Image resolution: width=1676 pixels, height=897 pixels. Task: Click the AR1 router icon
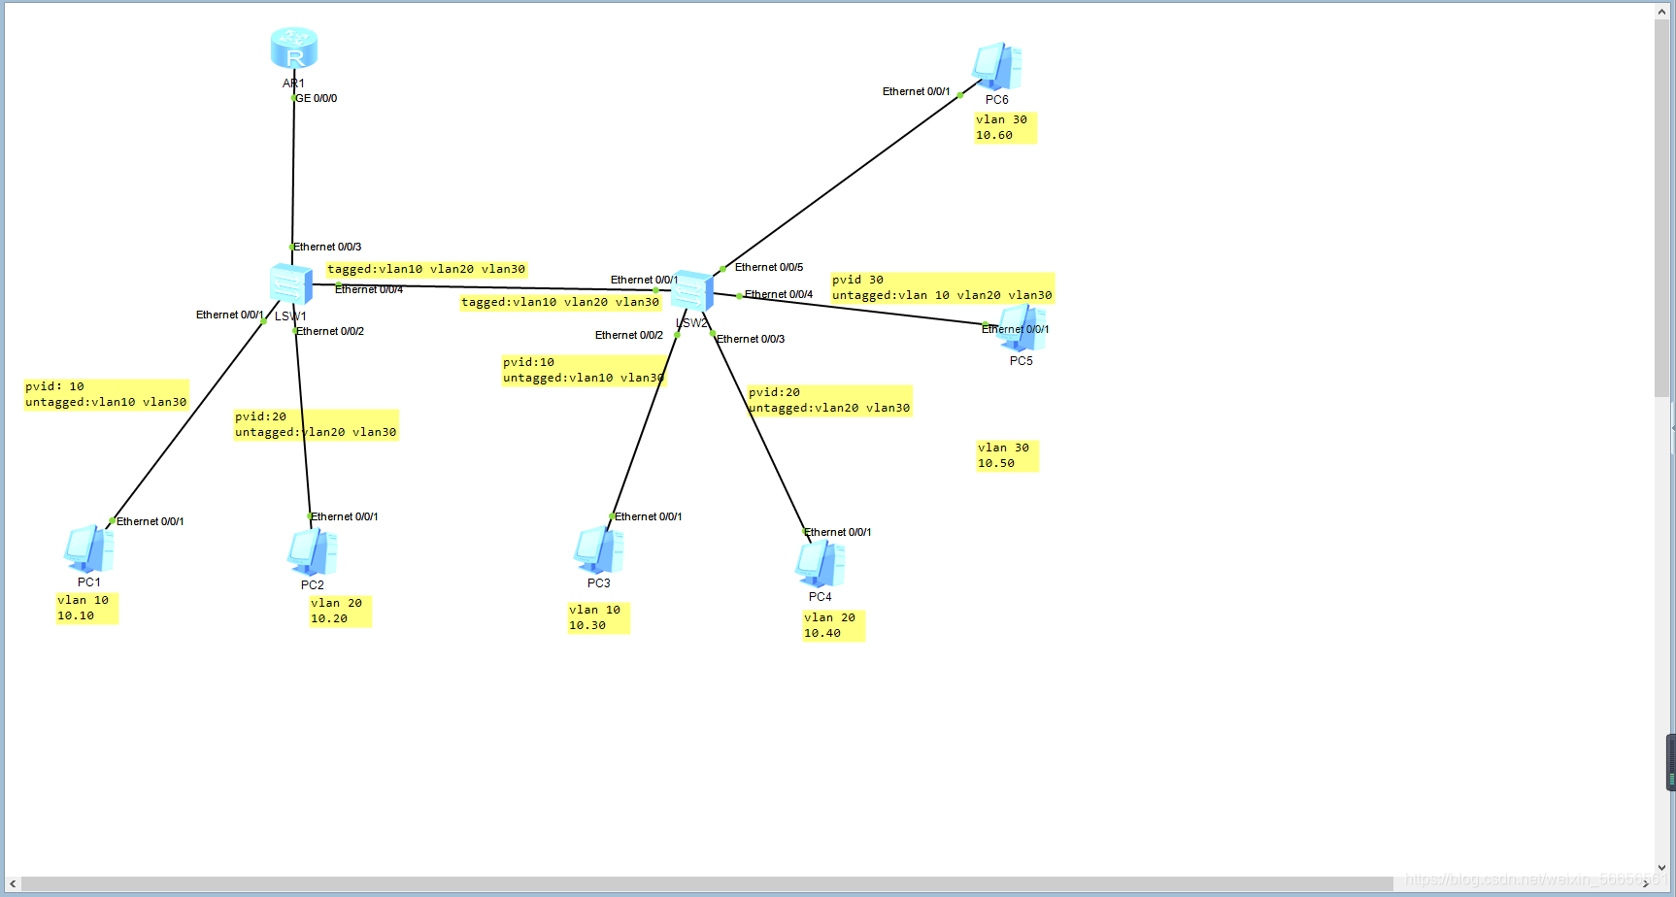[294, 49]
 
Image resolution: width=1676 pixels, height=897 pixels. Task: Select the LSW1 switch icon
[291, 284]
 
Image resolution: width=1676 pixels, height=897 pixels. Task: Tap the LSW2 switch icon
[692, 291]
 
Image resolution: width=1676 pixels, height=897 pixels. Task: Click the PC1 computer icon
[88, 549]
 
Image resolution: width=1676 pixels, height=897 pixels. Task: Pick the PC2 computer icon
[313, 552]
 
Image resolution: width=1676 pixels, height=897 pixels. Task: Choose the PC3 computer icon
[598, 550]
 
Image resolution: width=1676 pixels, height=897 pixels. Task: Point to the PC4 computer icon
[820, 564]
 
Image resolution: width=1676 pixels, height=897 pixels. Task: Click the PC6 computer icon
[996, 66]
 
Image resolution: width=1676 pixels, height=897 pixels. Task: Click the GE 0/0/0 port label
[317, 98]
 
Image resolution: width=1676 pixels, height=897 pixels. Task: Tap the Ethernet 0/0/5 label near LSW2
[769, 267]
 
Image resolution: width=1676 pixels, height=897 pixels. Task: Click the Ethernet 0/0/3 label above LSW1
[327, 247]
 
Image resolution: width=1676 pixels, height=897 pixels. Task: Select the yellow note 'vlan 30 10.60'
[1005, 127]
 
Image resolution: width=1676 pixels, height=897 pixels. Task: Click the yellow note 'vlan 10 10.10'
[86, 608]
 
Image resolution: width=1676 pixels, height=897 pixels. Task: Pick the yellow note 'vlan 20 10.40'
[833, 625]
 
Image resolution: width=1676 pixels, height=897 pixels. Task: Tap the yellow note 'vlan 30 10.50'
[1007, 455]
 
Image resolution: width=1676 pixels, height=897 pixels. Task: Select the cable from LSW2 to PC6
[841, 181]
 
